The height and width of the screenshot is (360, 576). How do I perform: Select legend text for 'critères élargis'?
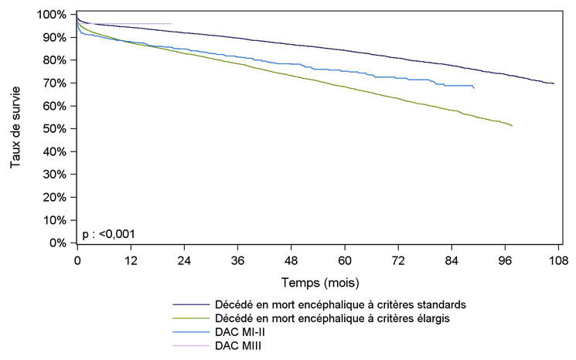point(339,318)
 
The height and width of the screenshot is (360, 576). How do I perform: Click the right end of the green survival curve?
point(512,125)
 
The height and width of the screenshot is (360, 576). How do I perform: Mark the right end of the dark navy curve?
point(554,83)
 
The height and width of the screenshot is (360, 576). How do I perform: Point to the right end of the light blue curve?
point(473,89)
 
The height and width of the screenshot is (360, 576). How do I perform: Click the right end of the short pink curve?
point(171,24)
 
